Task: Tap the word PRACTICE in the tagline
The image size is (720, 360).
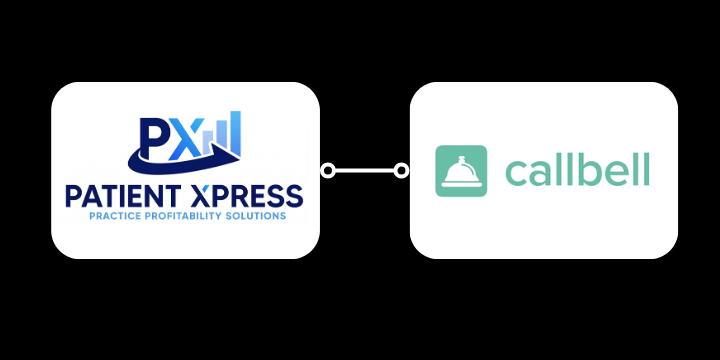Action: pos(115,215)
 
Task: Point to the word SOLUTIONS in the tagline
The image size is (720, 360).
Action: pos(258,215)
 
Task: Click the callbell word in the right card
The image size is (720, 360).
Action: pos(577,170)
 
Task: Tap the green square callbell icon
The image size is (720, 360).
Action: pos(461,170)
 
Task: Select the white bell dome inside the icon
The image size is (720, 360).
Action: pos(461,171)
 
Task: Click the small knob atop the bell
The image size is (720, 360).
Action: pos(461,159)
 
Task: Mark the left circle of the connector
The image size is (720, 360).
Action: pos(327,171)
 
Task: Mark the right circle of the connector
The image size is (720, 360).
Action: pos(401,171)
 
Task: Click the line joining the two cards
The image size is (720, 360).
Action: pos(364,171)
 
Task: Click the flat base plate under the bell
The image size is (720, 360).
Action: pos(461,183)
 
